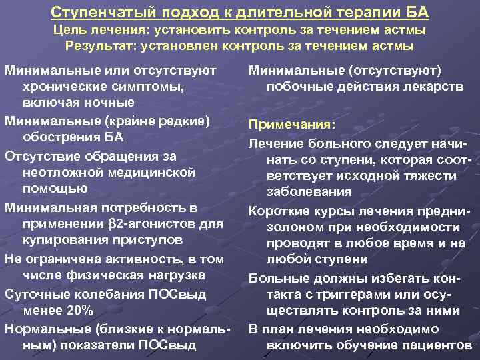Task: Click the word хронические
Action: point(64,87)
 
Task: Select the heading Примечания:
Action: point(291,125)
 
